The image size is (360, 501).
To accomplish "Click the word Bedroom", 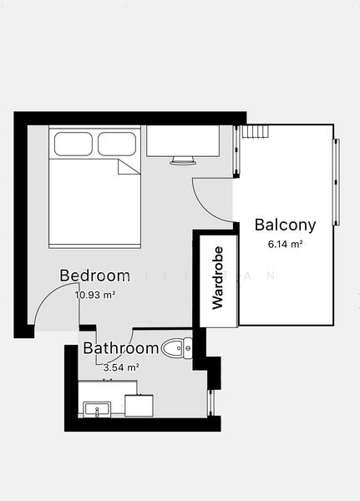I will click(x=94, y=276).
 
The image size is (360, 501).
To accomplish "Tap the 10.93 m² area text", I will click(x=94, y=295).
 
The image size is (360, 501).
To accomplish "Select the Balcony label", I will click(x=285, y=225).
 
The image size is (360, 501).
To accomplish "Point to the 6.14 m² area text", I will click(x=285, y=244).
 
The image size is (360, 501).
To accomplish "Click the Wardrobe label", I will click(x=217, y=278).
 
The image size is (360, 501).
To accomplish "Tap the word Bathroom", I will click(x=120, y=348).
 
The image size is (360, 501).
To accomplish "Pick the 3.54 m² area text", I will click(x=120, y=367).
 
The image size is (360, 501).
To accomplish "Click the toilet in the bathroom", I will click(x=178, y=347).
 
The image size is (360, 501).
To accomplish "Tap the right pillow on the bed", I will click(x=116, y=144).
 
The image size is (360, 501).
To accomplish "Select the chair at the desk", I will click(x=183, y=159).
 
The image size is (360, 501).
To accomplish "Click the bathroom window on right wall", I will click(x=210, y=402).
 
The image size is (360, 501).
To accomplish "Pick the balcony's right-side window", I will click(x=337, y=182).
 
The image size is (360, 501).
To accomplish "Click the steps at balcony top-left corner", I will click(x=255, y=132).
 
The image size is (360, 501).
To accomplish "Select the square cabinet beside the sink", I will click(x=139, y=405).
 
